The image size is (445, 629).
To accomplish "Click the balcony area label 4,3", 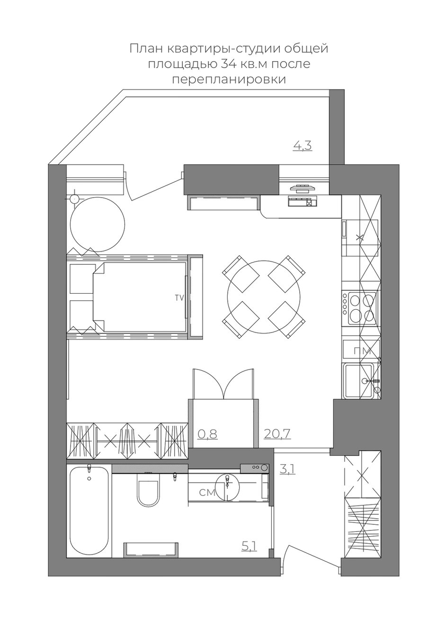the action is click(303, 146).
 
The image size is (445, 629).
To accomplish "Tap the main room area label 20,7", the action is click(277, 434).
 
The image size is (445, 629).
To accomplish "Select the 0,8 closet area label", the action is click(207, 434).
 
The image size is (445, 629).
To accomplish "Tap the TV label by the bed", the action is click(179, 298).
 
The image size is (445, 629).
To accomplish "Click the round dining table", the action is click(264, 297).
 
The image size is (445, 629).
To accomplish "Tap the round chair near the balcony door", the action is click(98, 224).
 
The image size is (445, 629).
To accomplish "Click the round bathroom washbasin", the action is click(227, 487).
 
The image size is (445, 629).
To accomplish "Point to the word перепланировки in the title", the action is click(229, 80).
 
